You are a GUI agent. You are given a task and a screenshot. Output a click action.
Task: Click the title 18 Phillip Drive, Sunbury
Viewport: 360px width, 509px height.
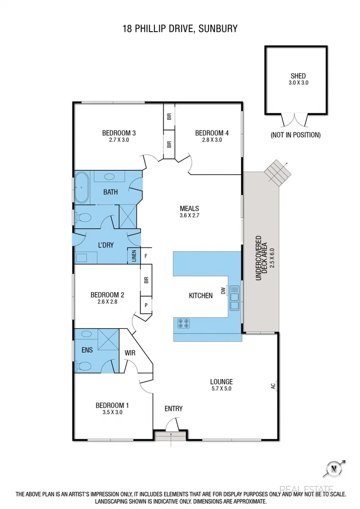coord(180,29)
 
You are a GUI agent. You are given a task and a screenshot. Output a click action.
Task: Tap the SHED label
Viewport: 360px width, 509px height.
coord(298,76)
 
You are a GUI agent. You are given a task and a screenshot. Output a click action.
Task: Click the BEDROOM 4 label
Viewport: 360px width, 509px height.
coord(209,133)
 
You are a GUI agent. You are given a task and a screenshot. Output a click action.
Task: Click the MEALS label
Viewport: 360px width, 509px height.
coord(189,209)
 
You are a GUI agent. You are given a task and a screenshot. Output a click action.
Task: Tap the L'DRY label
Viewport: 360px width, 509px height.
coord(105,245)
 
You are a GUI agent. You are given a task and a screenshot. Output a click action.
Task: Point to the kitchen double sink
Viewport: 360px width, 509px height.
coord(234,298)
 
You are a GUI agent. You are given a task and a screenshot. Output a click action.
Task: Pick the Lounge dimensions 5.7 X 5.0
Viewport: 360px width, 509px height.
coord(221,389)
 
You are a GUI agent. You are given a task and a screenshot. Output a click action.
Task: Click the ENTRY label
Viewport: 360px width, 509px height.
coord(173,409)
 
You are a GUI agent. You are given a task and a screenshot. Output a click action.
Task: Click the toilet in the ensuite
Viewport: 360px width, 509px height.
coord(84,367)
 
